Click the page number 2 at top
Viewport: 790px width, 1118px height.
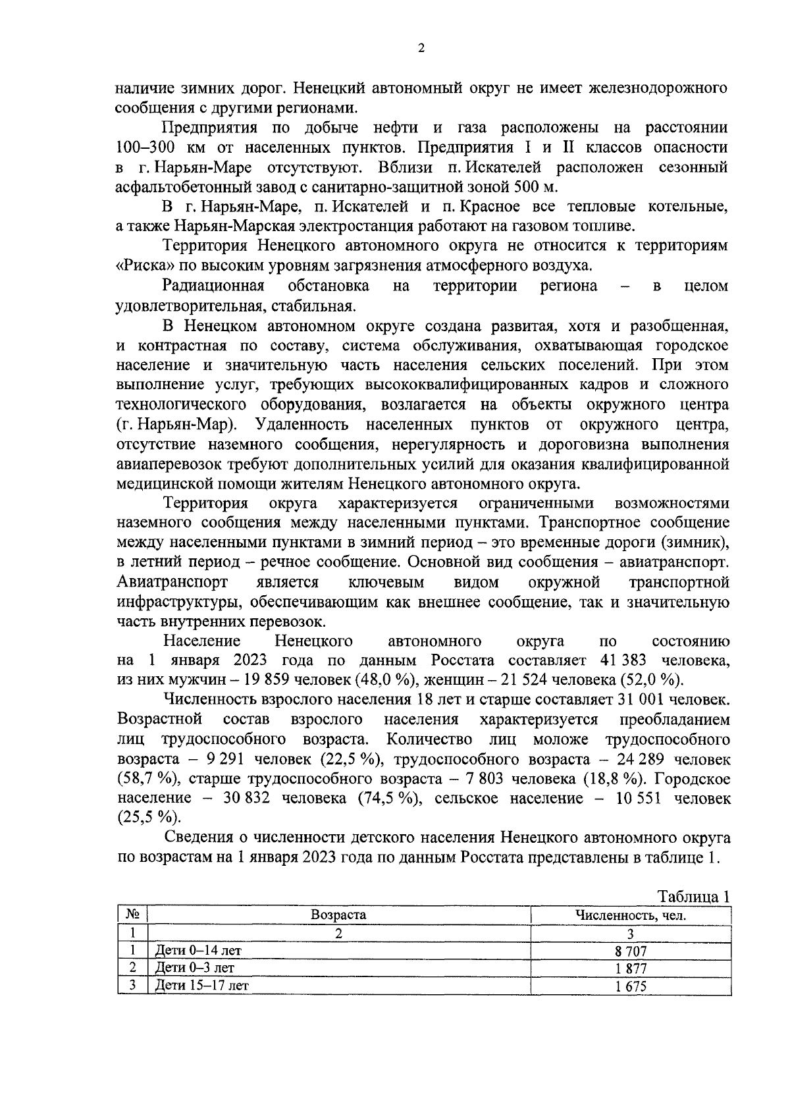click(421, 47)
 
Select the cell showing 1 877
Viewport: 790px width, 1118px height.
click(631, 969)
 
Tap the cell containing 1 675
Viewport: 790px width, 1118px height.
click(631, 986)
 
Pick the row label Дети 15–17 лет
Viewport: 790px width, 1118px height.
click(201, 986)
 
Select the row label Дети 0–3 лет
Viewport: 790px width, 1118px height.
click(194, 969)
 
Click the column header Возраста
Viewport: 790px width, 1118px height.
click(338, 915)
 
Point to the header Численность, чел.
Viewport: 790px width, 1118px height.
click(631, 915)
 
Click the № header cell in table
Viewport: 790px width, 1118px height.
click(132, 915)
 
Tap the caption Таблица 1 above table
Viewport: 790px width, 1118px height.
click(694, 897)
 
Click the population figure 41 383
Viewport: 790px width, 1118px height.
click(624, 660)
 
